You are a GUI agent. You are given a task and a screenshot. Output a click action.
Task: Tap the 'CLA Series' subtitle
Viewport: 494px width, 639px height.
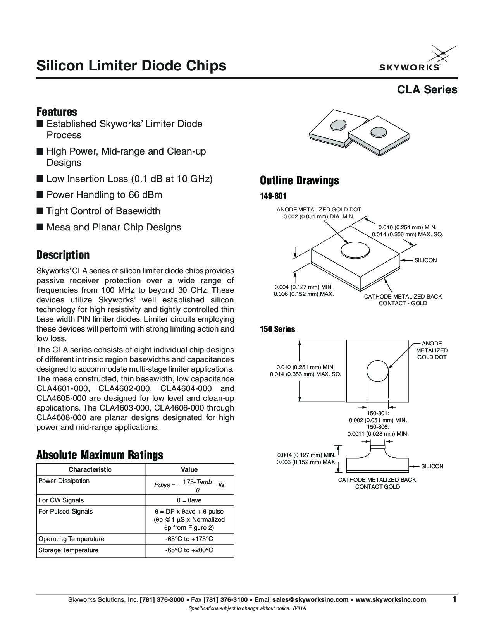tap(427, 90)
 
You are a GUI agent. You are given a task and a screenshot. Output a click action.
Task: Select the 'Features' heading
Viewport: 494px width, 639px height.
tap(57, 112)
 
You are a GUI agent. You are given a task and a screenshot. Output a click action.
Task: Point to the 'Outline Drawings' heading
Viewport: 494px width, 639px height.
tap(299, 180)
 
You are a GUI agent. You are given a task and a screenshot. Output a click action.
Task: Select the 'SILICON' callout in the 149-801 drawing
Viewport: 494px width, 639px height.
tap(425, 260)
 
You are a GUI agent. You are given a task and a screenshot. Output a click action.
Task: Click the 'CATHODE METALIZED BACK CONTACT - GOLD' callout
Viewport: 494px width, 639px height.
tap(403, 300)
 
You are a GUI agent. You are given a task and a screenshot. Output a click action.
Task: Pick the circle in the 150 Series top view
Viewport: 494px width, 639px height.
tap(377, 371)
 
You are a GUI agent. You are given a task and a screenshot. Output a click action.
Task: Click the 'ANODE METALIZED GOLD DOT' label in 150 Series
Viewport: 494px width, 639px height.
tap(432, 350)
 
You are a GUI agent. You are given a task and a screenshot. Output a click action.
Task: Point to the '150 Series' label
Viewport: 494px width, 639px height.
tap(277, 329)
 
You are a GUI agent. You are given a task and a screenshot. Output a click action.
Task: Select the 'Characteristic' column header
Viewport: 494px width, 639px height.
tap(90, 469)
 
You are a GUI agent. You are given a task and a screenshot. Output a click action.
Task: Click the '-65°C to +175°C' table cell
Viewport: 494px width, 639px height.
tap(189, 539)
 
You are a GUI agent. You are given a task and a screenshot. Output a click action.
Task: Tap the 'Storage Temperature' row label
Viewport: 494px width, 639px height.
tap(68, 550)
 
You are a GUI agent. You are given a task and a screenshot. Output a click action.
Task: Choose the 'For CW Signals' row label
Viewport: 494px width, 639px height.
tap(61, 500)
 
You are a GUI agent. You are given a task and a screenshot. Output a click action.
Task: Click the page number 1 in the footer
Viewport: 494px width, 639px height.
tap(454, 599)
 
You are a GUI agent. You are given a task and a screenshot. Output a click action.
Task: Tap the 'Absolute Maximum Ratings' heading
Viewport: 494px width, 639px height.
tap(100, 455)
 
